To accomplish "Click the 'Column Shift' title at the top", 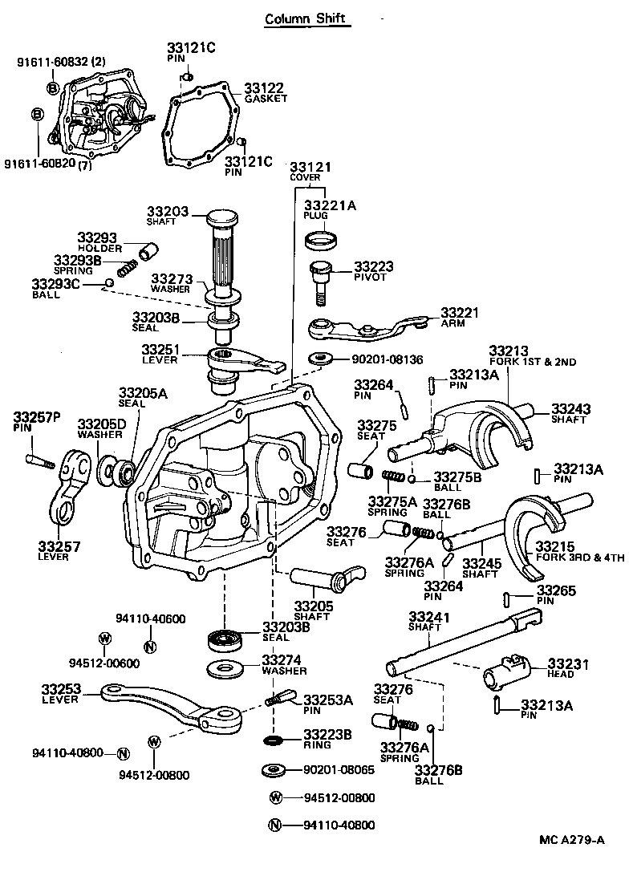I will pos(308,18).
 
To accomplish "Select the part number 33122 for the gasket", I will pos(264,88).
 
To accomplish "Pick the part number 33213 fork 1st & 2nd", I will pos(509,350).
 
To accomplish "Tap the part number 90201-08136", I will pos(375,359).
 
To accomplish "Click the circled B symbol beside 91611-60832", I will pos(52,87).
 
